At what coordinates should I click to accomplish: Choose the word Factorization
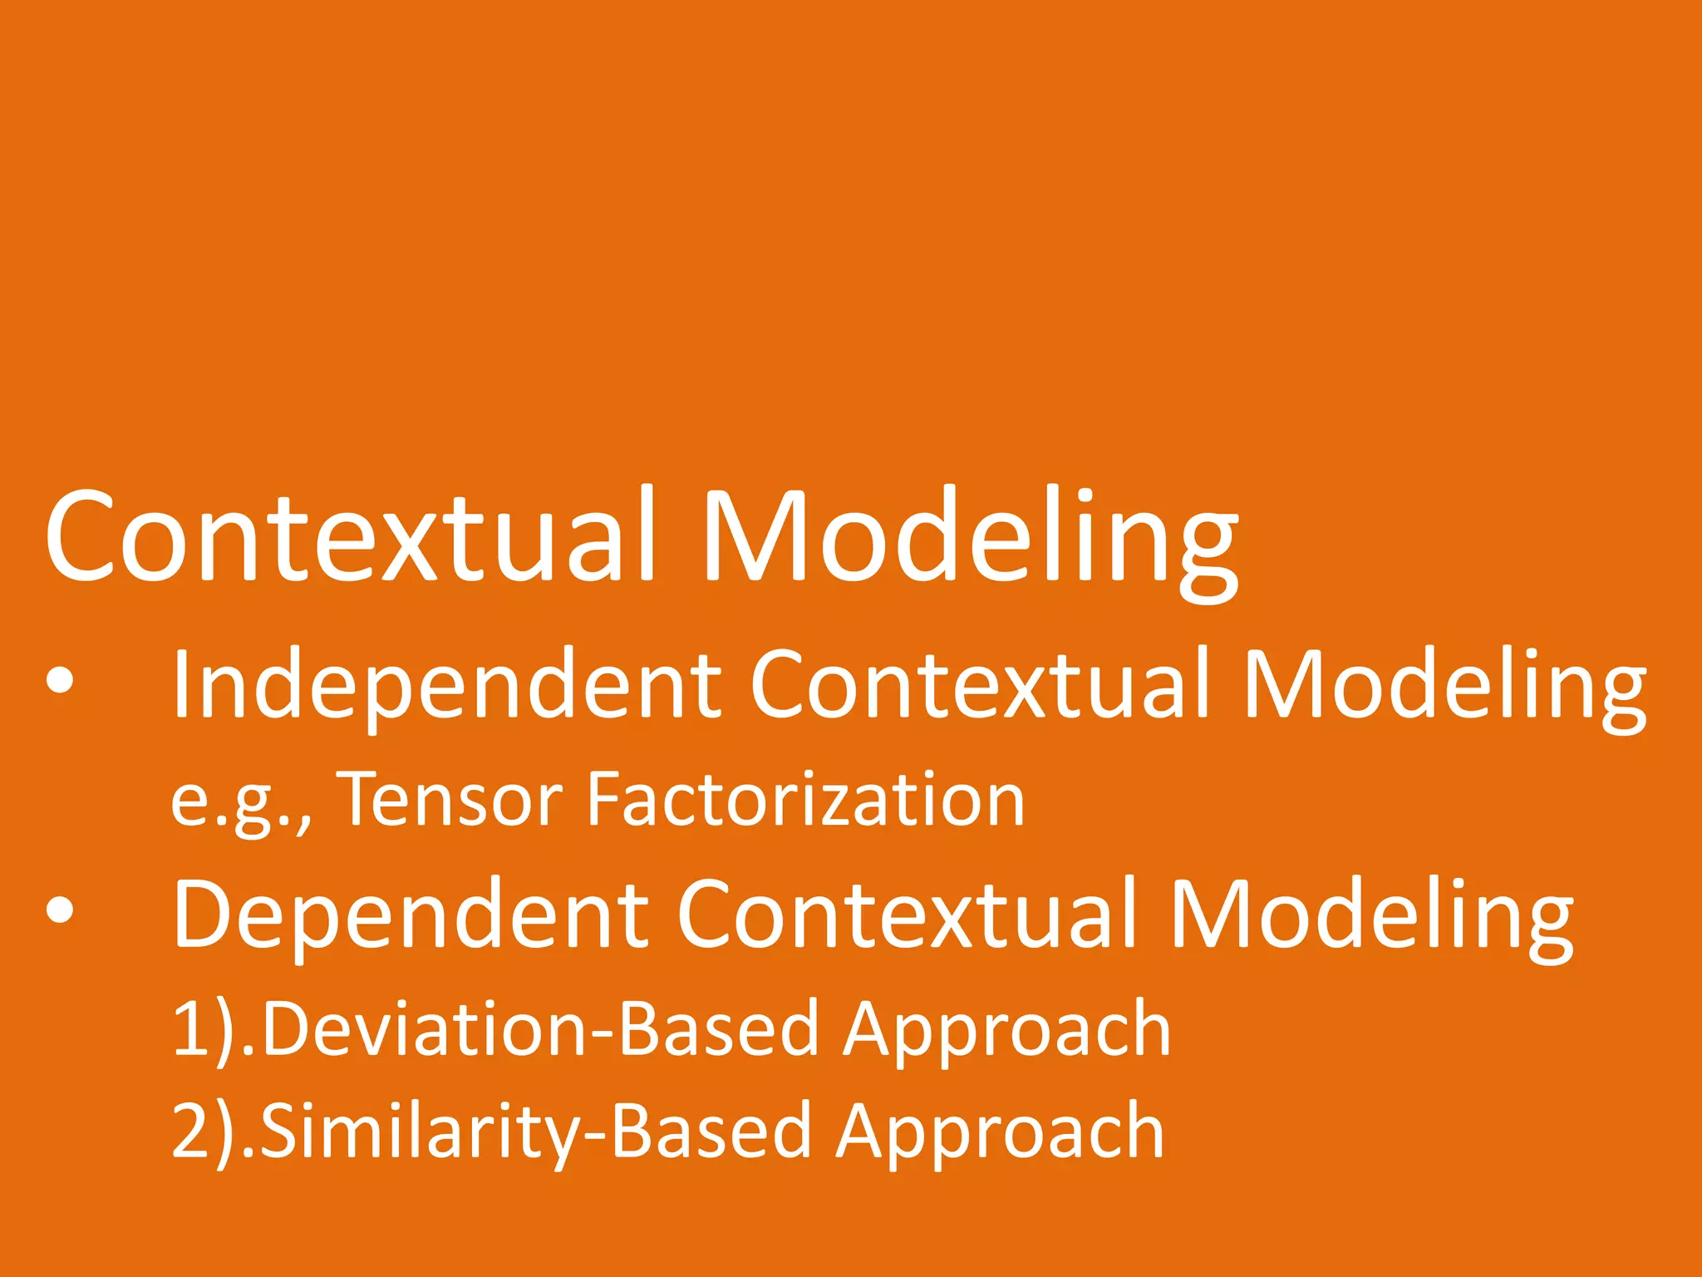(805, 800)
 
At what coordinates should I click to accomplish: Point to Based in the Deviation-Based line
(720, 1029)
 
